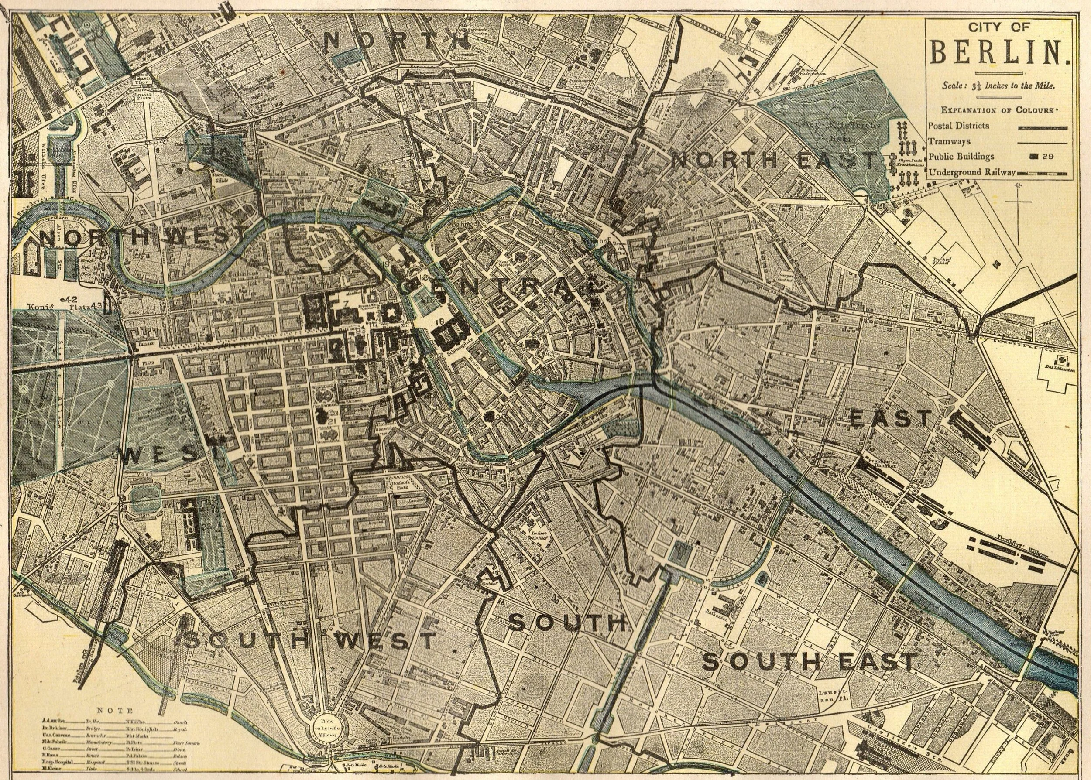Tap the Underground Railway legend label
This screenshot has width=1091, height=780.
pyautogui.click(x=971, y=171)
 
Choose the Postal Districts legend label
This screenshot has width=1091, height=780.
pyautogui.click(x=959, y=125)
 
